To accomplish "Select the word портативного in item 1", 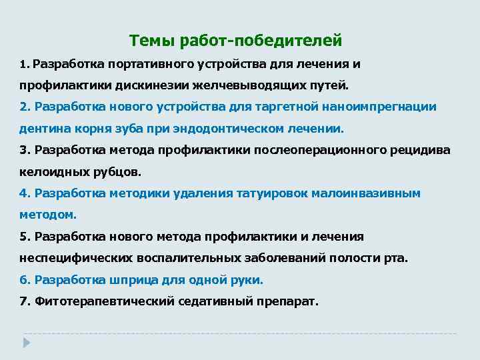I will [x=145, y=64].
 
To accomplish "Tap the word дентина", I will [x=41, y=128].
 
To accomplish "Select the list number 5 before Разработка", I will [x=24, y=236].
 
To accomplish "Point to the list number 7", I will [x=24, y=301].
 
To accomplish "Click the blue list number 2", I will [x=24, y=107].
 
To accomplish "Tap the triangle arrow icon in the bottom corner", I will [x=25, y=341].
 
